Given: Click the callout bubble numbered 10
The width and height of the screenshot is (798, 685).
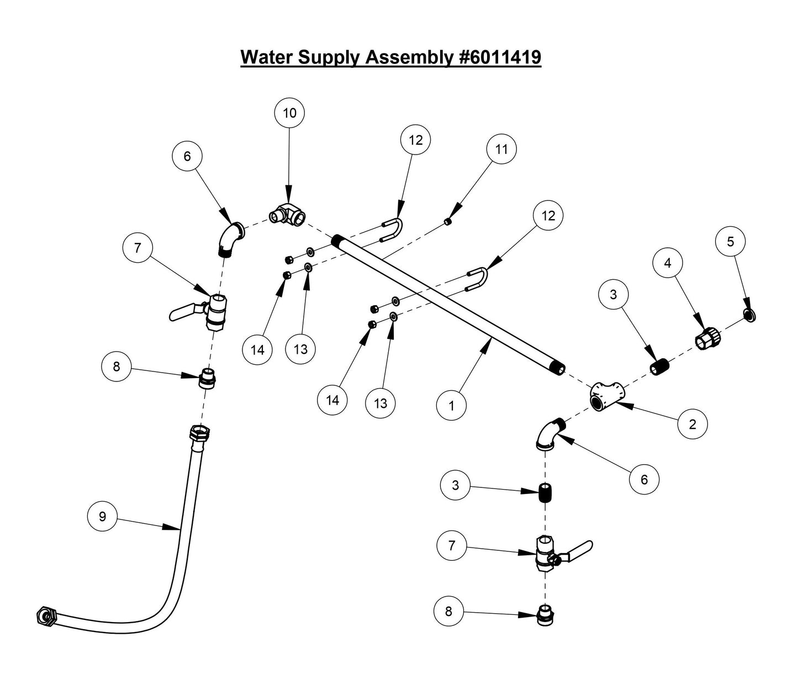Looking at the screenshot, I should coord(289,113).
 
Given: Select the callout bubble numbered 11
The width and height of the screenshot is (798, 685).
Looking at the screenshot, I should coord(501,150).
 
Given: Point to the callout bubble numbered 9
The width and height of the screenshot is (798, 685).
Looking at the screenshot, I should coord(102,517).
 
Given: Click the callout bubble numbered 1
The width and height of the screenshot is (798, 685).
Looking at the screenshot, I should coord(451,406).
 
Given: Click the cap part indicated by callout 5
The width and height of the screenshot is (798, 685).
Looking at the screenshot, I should coord(749,315).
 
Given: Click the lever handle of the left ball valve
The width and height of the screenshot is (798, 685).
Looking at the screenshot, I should coord(182,314).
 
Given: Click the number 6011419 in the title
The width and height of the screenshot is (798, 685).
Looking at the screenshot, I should coord(500,57).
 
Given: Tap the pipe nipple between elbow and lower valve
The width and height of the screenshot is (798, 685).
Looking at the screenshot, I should coord(546,491).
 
